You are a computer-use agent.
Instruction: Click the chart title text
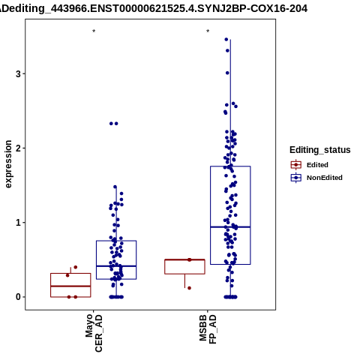pos(153,9)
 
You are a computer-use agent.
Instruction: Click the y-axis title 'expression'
pos(8,164)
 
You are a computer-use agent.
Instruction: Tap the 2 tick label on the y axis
pos(18,148)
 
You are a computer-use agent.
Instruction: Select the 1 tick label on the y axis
pos(18,223)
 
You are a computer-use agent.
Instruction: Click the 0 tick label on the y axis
pos(18,297)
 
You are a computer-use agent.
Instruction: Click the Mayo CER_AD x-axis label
pos(94,333)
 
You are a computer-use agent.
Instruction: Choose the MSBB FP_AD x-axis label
pos(208,329)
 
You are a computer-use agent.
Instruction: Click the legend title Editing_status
pos(320,150)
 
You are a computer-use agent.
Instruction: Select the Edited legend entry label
pos(317,165)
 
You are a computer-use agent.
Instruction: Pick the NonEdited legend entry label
pos(325,178)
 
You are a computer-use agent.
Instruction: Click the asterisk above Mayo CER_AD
pos(94,31)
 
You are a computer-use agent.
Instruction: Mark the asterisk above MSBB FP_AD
pos(208,31)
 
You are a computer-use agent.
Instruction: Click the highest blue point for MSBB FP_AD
pos(226,40)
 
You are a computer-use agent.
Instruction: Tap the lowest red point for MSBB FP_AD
pos(189,288)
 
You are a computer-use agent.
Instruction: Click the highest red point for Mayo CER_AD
pos(76,267)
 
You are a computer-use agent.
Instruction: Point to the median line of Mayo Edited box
pos(70,286)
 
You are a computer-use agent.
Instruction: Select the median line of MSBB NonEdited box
pos(230,227)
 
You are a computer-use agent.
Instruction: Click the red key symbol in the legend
pos(296,165)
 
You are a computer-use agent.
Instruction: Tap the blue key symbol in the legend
pos(296,178)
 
